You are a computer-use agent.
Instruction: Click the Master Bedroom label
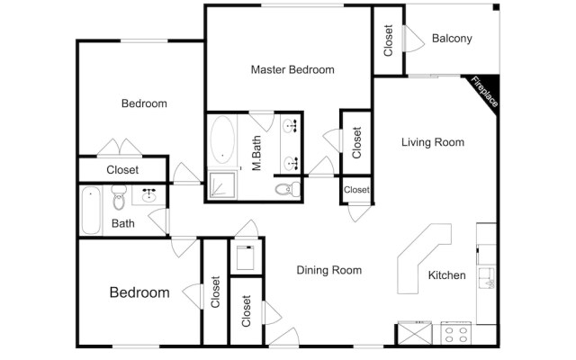coord(292,69)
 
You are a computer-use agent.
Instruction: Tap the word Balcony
coord(452,38)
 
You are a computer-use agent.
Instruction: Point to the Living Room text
coord(432,142)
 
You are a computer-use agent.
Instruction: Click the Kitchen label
coord(446,275)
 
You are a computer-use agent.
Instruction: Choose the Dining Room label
coord(328,270)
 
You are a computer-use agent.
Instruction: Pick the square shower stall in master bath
coord(222,185)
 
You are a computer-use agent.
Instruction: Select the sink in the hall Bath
coord(149,193)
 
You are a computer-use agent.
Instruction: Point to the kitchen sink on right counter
coord(486,278)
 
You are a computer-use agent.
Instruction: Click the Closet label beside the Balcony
coord(389,40)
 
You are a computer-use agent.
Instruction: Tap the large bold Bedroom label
coord(139,292)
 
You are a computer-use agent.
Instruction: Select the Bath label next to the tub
coord(123,223)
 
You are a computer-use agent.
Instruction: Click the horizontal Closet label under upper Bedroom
coord(122,169)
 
